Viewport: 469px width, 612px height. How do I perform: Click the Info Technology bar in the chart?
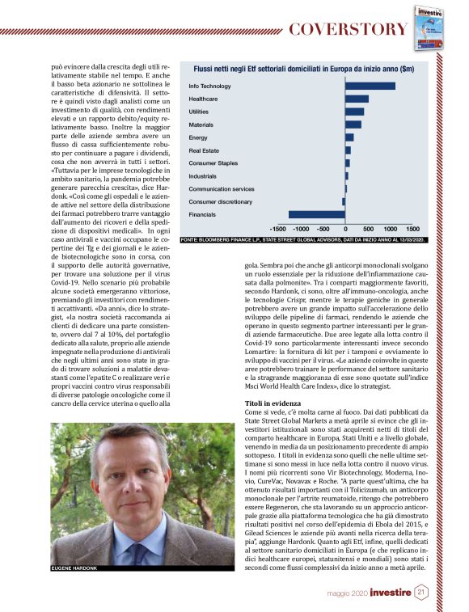[x=370, y=86]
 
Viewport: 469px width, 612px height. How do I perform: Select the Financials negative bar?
[x=317, y=214]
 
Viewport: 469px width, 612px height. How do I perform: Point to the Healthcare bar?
[x=357, y=99]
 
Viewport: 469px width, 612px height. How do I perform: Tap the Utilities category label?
[x=199, y=112]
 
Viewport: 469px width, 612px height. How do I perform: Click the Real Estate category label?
[x=203, y=150]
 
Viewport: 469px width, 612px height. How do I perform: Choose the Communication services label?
[x=222, y=188]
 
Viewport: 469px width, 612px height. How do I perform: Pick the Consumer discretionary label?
[x=221, y=201]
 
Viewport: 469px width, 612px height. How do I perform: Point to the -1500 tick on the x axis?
[x=280, y=230]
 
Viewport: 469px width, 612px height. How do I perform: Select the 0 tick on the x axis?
[x=345, y=230]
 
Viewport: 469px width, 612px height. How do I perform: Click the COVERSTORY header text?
[x=348, y=29]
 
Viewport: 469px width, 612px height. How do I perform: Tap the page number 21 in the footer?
[x=422, y=593]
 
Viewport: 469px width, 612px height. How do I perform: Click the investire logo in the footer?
[x=391, y=593]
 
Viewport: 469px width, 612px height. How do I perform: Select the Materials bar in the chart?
[x=353, y=125]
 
